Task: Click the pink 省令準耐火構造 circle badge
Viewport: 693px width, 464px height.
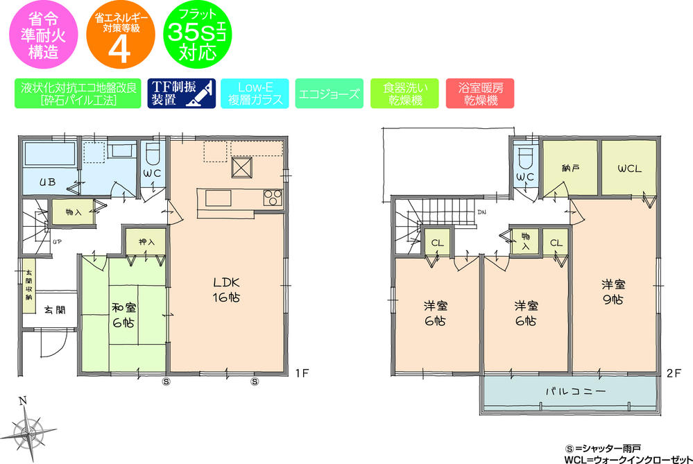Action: (x=40, y=35)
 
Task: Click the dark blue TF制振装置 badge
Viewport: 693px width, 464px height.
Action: (x=182, y=94)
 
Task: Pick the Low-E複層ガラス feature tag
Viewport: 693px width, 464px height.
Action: (x=255, y=94)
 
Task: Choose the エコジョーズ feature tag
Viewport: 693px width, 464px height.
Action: (x=328, y=94)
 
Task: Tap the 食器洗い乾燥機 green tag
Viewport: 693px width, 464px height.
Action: (x=404, y=94)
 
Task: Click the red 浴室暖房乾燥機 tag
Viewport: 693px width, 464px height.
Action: (x=480, y=94)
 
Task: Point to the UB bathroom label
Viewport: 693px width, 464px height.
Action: (x=47, y=183)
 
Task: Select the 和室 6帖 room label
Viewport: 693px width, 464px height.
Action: (x=124, y=314)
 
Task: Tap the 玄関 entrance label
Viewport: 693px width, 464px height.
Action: (x=56, y=309)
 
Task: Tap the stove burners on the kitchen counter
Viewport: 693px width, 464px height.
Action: (x=272, y=198)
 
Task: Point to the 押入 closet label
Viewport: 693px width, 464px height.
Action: (x=146, y=241)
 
